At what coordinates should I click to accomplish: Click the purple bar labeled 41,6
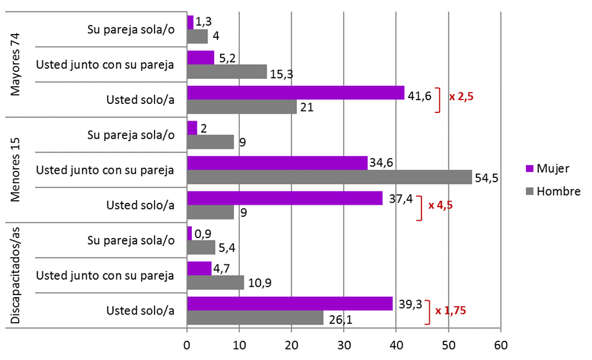(x=296, y=93)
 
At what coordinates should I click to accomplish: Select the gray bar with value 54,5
(x=329, y=177)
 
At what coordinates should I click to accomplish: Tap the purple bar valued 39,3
(x=289, y=304)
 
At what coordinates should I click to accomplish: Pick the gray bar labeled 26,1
(x=255, y=318)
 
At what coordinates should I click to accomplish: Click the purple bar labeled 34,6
(x=277, y=164)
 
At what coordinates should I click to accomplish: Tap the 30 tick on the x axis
(x=344, y=345)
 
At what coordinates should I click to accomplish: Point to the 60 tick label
(x=500, y=345)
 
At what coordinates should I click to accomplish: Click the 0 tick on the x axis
(x=187, y=345)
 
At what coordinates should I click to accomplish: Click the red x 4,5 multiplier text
(x=441, y=205)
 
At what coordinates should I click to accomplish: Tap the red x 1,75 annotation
(x=450, y=311)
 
